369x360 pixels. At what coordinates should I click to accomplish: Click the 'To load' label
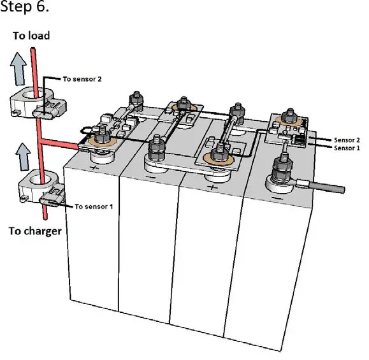pos(31,36)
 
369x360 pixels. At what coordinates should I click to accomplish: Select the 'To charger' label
pos(35,231)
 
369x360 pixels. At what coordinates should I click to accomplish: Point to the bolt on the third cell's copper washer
pos(221,154)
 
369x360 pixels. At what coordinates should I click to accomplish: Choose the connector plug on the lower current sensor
pos(49,201)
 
